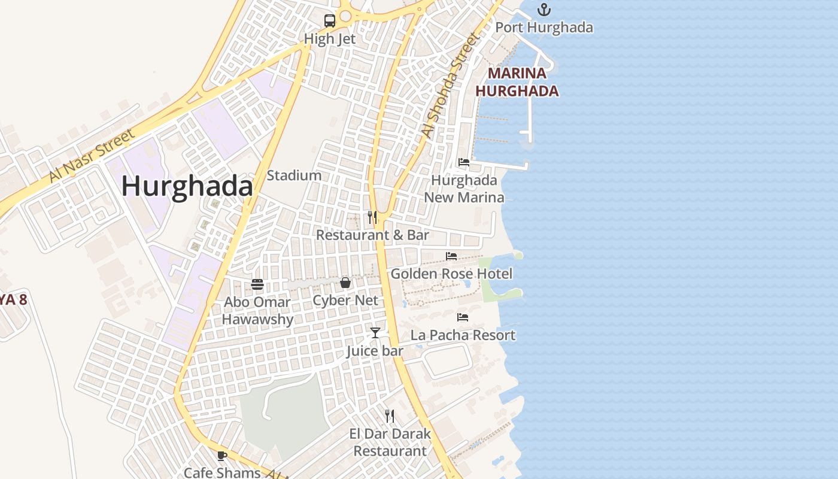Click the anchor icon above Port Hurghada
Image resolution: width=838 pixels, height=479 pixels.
click(544, 9)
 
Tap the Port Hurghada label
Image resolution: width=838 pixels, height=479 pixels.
click(544, 28)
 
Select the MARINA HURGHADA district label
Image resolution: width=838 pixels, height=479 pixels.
click(517, 82)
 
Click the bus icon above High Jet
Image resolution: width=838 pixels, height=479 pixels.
click(329, 20)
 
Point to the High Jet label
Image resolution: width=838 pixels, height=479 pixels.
click(329, 39)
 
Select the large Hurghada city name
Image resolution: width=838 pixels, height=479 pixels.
click(187, 186)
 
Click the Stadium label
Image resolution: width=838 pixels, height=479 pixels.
click(294, 175)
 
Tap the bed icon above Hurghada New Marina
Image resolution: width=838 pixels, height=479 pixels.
click(463, 162)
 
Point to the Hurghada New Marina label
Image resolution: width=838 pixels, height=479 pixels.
click(464, 189)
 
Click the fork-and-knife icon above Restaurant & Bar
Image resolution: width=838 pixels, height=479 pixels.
click(372, 217)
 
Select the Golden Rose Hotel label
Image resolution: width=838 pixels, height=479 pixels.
click(451, 274)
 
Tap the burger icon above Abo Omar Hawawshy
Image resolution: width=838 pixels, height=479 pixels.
click(257, 284)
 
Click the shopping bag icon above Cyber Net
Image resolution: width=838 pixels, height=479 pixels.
click(345, 283)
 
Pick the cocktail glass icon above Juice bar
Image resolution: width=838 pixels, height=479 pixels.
click(375, 332)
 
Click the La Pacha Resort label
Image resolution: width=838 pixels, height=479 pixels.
click(463, 335)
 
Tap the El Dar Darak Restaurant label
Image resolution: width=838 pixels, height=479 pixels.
click(390, 442)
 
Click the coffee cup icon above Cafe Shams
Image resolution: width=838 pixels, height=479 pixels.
click(221, 456)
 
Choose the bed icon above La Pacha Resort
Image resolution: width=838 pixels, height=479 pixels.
click(462, 317)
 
